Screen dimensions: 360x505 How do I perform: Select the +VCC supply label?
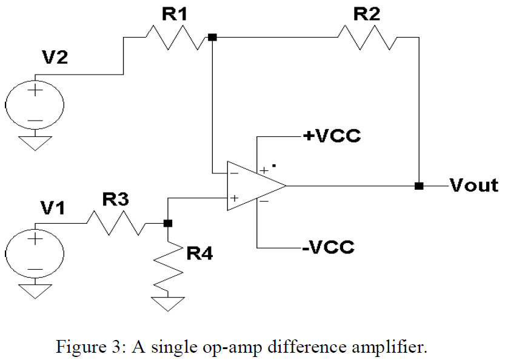pyautogui.click(x=332, y=136)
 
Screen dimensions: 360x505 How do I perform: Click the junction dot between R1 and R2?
pyautogui.click(x=212, y=37)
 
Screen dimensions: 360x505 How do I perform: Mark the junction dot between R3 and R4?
pyautogui.click(x=168, y=223)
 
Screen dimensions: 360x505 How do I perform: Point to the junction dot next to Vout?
pyautogui.click(x=418, y=185)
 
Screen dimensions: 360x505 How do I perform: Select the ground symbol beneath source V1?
pyautogui.click(x=34, y=292)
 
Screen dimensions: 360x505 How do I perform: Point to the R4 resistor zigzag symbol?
pyautogui.click(x=168, y=267)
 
